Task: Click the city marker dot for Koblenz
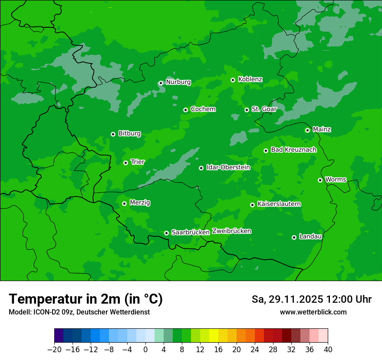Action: pyautogui.click(x=233, y=80)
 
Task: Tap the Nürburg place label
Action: pyautogui.click(x=178, y=82)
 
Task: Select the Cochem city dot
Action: pyautogui.click(x=185, y=110)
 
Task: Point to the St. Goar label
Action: pyautogui.click(x=264, y=109)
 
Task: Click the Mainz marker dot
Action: pyautogui.click(x=307, y=130)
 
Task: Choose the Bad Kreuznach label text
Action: pyautogui.click(x=293, y=150)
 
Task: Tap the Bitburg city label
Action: pyautogui.click(x=129, y=134)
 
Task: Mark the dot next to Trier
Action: pyautogui.click(x=125, y=163)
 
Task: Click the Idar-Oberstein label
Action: pyautogui.click(x=228, y=167)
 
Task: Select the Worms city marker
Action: pyautogui.click(x=320, y=180)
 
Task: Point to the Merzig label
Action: pyautogui.click(x=140, y=203)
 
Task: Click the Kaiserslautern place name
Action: pyautogui.click(x=279, y=204)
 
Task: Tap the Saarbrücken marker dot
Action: pyautogui.click(x=166, y=233)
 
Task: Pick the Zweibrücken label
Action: pyautogui.click(x=231, y=231)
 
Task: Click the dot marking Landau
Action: pyautogui.click(x=294, y=237)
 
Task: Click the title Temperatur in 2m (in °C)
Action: pyautogui.click(x=86, y=299)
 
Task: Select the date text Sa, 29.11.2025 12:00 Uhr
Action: pyautogui.click(x=311, y=299)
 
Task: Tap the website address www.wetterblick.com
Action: pyautogui.click(x=313, y=312)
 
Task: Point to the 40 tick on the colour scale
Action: pyautogui.click(x=328, y=350)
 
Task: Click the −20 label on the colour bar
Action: pyautogui.click(x=54, y=350)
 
